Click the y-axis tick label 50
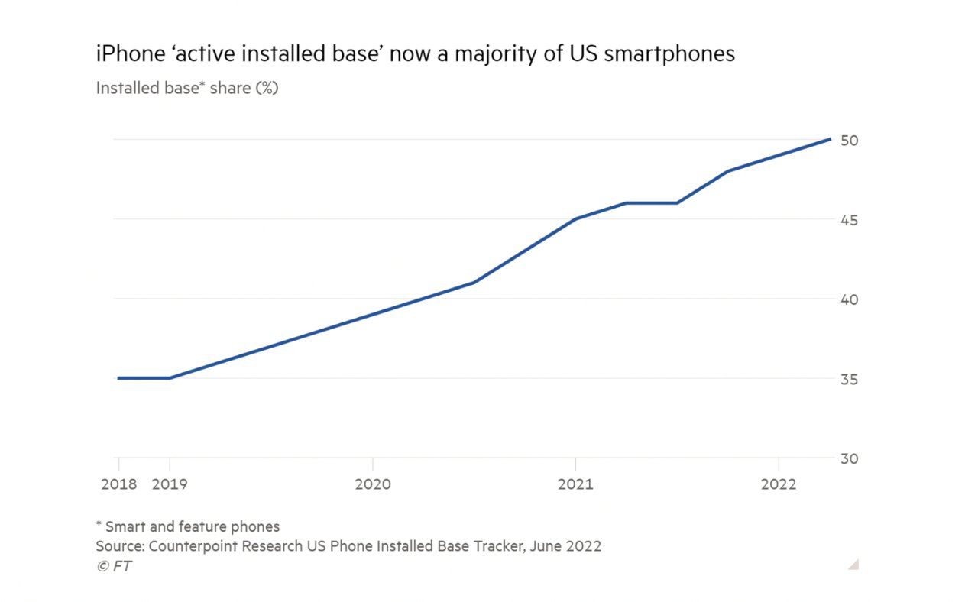tap(849, 141)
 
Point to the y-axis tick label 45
tap(849, 220)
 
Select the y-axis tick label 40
tap(849, 299)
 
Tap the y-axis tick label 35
tap(849, 379)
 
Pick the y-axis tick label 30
tap(849, 458)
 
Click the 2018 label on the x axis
tap(118, 484)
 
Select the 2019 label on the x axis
tap(170, 484)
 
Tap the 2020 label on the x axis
tap(373, 484)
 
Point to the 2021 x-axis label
tap(575, 484)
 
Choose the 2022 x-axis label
tap(778, 484)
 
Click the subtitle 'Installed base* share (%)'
tap(187, 88)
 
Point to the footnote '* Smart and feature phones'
tap(187, 526)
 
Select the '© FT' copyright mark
tap(114, 566)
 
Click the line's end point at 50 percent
tap(830, 139)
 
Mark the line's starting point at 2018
tap(118, 378)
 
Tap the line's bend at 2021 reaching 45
tap(575, 219)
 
